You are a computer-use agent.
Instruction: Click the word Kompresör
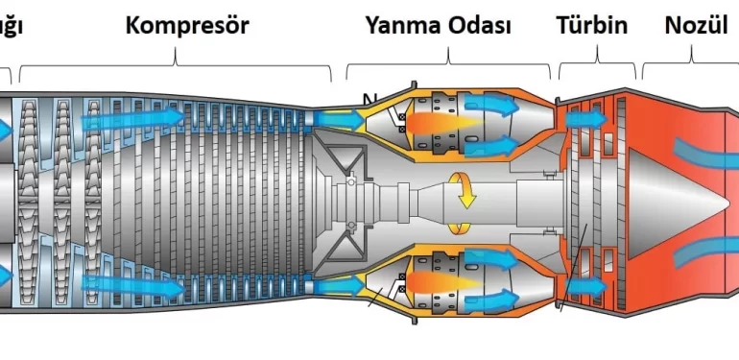point(187,25)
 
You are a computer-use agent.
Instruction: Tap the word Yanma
point(402,25)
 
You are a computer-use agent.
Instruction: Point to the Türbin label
point(592,25)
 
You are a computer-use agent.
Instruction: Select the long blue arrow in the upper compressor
point(133,119)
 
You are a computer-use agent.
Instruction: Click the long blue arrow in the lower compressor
point(133,283)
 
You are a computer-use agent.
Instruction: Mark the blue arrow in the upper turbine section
point(585,119)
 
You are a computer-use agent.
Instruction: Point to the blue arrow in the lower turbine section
point(585,286)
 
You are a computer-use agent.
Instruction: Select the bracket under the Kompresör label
point(176,66)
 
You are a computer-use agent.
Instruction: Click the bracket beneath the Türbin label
point(597,65)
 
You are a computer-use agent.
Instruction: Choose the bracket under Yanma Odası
point(448,65)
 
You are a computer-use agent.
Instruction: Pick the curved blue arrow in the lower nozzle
point(705,252)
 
